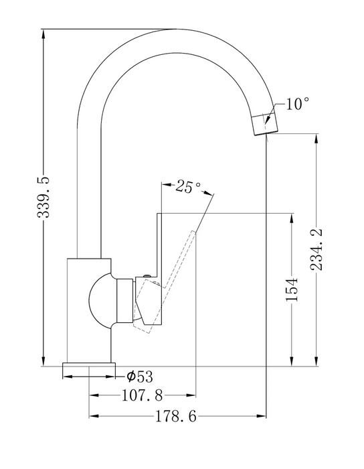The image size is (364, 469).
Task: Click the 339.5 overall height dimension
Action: point(43,197)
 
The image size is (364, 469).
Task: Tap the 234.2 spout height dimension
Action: point(316,249)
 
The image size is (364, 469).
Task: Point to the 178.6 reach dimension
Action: point(176,416)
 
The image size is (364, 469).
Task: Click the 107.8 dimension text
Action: point(143,396)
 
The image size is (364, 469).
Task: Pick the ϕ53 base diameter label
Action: point(139,377)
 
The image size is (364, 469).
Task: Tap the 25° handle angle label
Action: point(188,187)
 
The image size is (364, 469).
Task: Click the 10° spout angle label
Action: point(298,104)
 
